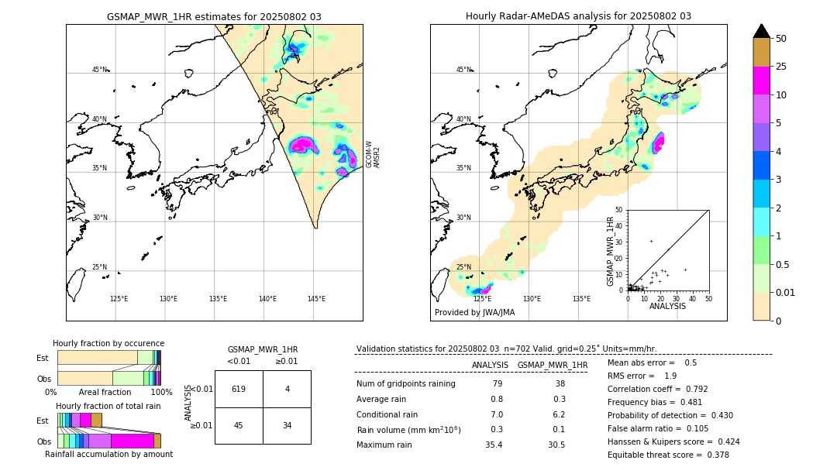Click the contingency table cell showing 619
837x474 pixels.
click(x=238, y=389)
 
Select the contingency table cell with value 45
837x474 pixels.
click(x=238, y=425)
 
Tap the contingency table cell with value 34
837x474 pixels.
click(x=287, y=425)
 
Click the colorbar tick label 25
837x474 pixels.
click(x=781, y=67)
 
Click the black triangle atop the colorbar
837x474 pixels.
click(x=762, y=31)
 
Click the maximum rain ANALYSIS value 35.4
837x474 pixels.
click(x=494, y=445)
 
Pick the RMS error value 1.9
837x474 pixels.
click(x=670, y=376)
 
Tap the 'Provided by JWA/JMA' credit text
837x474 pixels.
click(x=474, y=313)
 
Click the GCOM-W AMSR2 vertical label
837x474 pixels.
click(x=373, y=154)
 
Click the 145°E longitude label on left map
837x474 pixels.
click(x=316, y=299)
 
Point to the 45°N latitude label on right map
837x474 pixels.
click(x=463, y=70)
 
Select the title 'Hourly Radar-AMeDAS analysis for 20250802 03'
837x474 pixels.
click(x=578, y=16)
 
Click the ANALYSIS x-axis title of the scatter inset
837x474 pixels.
click(x=667, y=306)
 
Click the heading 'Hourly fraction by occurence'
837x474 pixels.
click(x=108, y=343)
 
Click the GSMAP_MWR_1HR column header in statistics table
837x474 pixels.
click(x=552, y=365)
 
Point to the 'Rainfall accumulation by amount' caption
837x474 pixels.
click(x=108, y=455)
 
